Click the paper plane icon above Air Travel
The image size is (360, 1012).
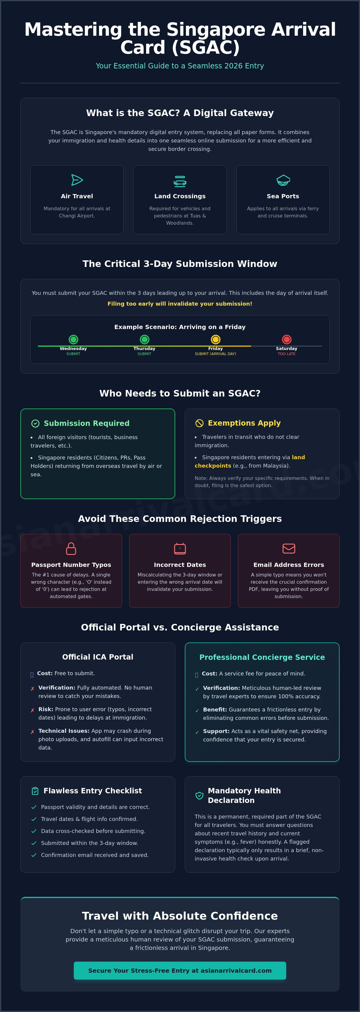point(77,180)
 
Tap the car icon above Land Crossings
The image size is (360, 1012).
point(180,181)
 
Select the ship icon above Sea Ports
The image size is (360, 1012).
point(283,180)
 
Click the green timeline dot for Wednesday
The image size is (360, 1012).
point(73,340)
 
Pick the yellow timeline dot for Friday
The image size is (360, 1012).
point(215,340)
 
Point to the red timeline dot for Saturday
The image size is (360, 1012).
point(286,340)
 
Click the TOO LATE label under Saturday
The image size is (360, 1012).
point(286,354)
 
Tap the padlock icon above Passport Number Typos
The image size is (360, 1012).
point(71,548)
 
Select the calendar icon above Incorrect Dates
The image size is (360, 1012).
point(180,548)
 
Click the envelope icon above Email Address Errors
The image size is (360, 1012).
point(289,548)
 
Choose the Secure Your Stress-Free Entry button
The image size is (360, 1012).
point(180,970)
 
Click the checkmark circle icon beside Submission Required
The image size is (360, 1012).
point(35,423)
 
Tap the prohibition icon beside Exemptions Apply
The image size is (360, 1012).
point(199,423)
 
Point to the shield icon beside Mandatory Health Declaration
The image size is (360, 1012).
point(199,795)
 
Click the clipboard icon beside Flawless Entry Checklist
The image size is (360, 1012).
point(35,791)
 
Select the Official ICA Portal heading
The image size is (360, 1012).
point(98,657)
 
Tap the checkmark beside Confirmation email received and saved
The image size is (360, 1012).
point(34,855)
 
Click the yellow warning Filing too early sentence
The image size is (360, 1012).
point(180,304)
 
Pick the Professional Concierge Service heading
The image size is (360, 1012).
point(262,657)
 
